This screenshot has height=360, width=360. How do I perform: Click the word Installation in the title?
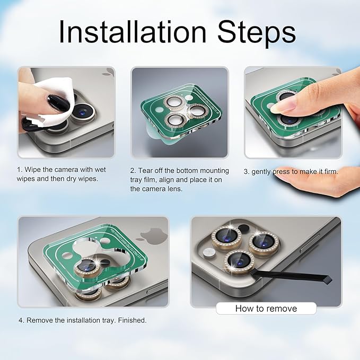(133, 32)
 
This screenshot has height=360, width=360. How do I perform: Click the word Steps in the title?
(257, 33)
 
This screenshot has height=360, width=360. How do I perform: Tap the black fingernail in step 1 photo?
(58, 103)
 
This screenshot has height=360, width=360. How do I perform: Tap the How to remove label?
(266, 309)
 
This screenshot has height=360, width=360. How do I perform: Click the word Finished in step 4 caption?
(132, 320)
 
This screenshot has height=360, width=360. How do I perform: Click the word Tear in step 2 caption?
(145, 171)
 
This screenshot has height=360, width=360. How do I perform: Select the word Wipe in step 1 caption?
(32, 170)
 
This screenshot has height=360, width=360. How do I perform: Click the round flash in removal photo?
(209, 252)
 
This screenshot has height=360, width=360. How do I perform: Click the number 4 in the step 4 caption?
(21, 320)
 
